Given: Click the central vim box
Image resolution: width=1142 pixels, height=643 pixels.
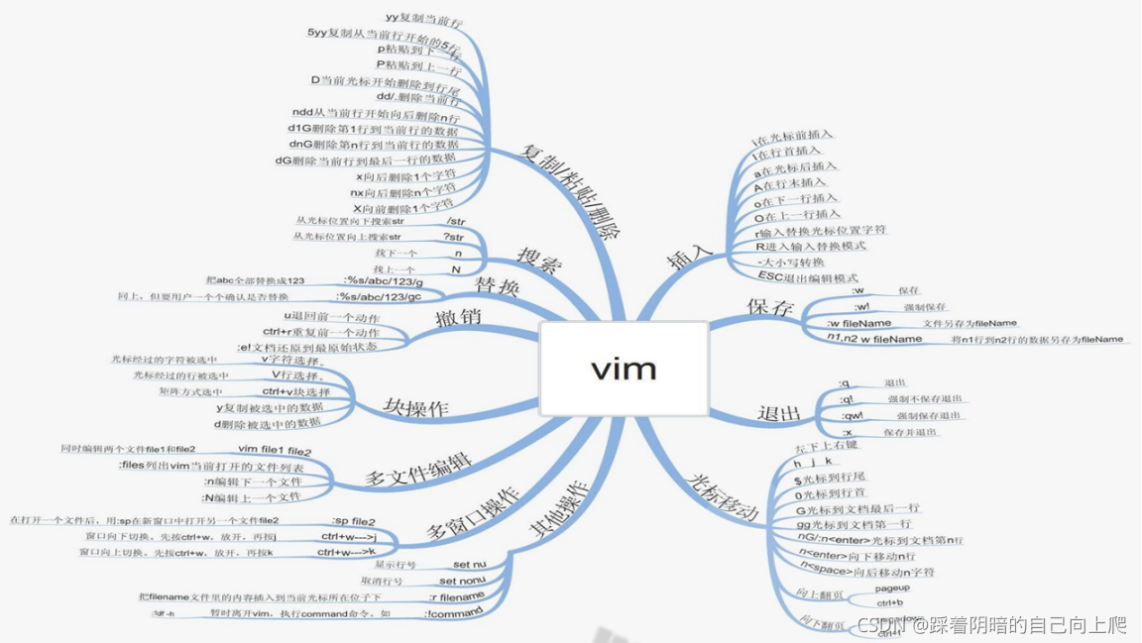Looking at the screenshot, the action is [624, 369].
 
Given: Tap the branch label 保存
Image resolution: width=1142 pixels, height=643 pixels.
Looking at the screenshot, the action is [770, 307].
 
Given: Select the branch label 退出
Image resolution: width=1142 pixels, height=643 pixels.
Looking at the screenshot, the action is [778, 413].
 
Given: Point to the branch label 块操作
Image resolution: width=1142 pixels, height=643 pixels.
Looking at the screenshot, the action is [416, 407].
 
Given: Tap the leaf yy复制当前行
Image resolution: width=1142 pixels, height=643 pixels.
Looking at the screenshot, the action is [423, 20].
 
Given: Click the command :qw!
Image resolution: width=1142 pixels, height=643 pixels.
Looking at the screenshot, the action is [852, 416].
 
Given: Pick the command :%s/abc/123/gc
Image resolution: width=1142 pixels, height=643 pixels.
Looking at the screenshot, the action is [380, 296].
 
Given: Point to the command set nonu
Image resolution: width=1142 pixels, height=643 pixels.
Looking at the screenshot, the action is [462, 581].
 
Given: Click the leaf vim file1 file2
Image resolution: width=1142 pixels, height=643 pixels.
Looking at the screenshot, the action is [275, 450].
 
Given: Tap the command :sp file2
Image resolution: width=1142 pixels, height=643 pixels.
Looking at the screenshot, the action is [353, 521].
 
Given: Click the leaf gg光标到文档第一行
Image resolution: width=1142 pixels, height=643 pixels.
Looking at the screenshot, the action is [854, 523].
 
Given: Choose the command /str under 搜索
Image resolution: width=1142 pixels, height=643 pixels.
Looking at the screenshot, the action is [456, 222].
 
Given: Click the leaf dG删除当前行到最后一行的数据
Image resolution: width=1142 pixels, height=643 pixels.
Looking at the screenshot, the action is [366, 159].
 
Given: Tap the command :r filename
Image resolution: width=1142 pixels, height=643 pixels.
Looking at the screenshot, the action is [456, 596].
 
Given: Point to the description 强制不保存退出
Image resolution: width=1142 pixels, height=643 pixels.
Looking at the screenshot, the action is [924, 399].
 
